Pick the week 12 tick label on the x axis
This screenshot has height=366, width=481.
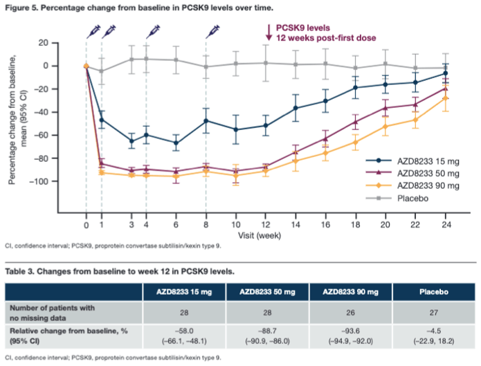(266, 225)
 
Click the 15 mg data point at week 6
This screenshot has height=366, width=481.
(176, 143)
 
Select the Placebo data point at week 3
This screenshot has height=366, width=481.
(131, 60)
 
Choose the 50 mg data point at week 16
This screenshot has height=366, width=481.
(325, 138)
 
